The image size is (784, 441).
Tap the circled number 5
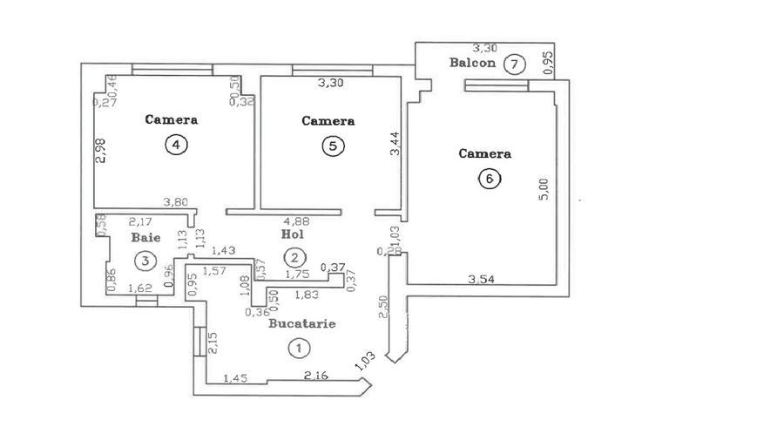tap(332, 146)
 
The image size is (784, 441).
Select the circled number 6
tap(489, 180)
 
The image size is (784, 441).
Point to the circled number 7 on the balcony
tap(516, 64)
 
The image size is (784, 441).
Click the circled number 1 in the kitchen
tap(299, 348)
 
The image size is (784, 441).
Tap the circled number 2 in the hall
tap(296, 257)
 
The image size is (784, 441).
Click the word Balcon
tap(472, 63)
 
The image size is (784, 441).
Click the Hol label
tap(291, 234)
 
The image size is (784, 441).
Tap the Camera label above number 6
tap(484, 153)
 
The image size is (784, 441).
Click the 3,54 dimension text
tap(482, 279)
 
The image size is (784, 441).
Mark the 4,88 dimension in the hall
tap(296, 220)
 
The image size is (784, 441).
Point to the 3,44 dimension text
tap(395, 142)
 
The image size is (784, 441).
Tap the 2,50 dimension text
tap(383, 307)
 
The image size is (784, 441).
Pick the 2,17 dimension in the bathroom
tap(139, 221)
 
